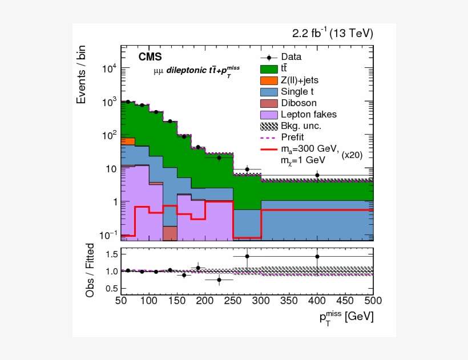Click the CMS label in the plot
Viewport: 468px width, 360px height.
(150, 57)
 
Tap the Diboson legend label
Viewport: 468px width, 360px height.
(298, 103)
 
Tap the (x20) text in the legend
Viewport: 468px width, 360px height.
(357, 155)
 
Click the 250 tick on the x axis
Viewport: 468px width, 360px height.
(233, 301)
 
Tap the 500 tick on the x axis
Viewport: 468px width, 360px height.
(373, 301)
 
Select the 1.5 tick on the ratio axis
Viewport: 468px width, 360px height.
(111, 253)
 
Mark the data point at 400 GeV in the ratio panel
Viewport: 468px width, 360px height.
(317, 256)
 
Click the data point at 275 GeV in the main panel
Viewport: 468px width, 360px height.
(247, 169)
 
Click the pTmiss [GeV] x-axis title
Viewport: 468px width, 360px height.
(346, 317)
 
